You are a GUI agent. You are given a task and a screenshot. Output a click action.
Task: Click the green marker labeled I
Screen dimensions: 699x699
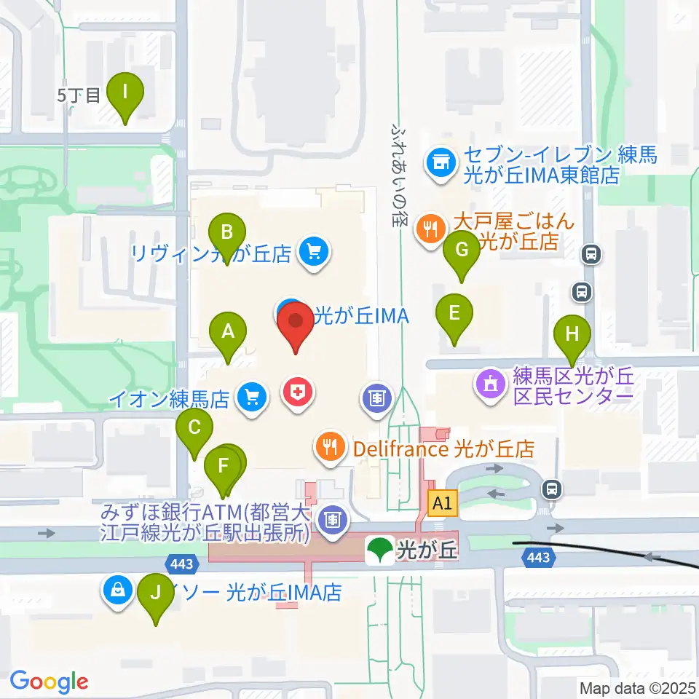(x=125, y=93)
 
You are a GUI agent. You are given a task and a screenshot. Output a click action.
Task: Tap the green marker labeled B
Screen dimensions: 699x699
(x=227, y=233)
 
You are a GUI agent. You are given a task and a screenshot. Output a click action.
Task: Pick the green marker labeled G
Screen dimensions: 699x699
(x=462, y=250)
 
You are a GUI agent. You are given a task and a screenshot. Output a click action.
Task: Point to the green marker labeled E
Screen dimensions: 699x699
(x=454, y=314)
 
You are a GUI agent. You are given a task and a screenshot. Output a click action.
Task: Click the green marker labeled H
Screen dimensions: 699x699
(x=573, y=334)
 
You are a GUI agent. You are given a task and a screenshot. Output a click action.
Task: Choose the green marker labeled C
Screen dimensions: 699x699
(x=194, y=427)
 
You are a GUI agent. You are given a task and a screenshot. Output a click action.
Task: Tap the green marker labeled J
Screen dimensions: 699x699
(x=155, y=593)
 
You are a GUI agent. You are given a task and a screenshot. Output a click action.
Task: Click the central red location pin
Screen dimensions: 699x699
(x=296, y=321)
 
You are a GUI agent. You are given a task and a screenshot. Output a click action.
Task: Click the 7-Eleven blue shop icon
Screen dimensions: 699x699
(x=440, y=161)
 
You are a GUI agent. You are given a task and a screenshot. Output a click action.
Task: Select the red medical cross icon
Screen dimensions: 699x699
(x=298, y=393)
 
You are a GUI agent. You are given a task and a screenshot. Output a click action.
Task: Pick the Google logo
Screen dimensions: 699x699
(x=49, y=682)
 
